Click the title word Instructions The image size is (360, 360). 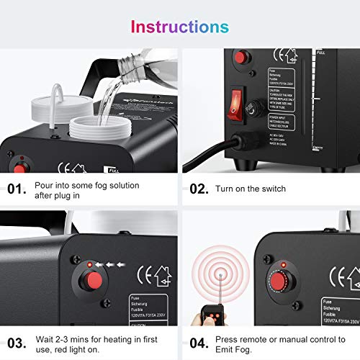[179, 27]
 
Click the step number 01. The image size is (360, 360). [17, 189]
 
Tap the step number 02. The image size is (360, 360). [199, 189]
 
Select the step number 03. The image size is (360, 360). [17, 343]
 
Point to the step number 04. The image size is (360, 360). [199, 343]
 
